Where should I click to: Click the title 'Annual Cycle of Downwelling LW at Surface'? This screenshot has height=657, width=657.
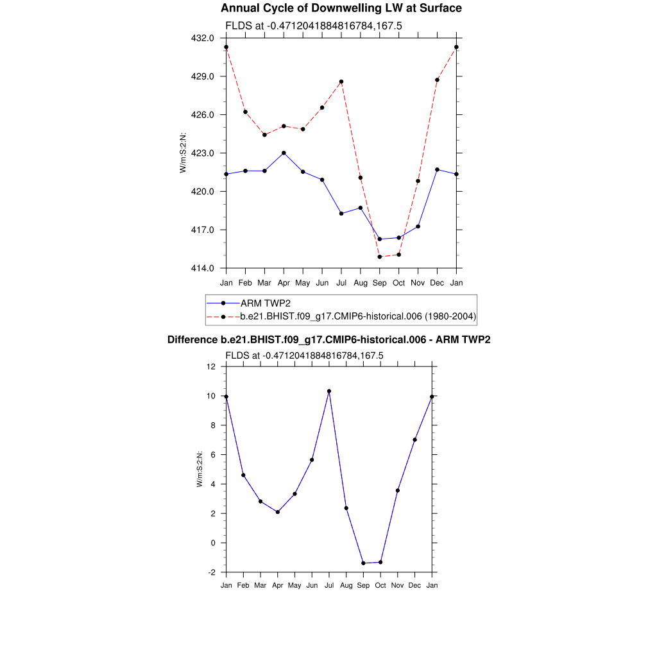click(341, 8)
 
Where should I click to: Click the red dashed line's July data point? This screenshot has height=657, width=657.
click(341, 81)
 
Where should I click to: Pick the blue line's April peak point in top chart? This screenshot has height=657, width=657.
click(284, 153)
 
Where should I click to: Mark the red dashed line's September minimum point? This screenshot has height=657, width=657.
click(380, 257)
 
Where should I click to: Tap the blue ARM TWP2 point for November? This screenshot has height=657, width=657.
click(418, 226)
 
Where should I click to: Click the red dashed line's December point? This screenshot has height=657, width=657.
click(437, 80)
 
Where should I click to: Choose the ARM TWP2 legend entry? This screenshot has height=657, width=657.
click(262, 303)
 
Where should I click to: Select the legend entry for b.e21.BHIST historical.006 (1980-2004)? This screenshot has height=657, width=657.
click(357, 316)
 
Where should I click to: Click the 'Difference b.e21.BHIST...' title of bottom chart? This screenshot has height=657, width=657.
click(328, 340)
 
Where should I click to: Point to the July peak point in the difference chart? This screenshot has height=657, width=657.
click(329, 391)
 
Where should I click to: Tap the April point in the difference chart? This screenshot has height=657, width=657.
click(278, 512)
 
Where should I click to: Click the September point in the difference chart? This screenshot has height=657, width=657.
click(363, 563)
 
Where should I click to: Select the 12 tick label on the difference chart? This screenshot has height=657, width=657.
click(212, 366)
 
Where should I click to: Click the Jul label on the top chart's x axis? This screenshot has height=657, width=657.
click(341, 282)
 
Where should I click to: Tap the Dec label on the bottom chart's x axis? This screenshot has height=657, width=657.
click(415, 586)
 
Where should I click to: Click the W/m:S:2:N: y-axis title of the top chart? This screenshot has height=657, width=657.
click(183, 153)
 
